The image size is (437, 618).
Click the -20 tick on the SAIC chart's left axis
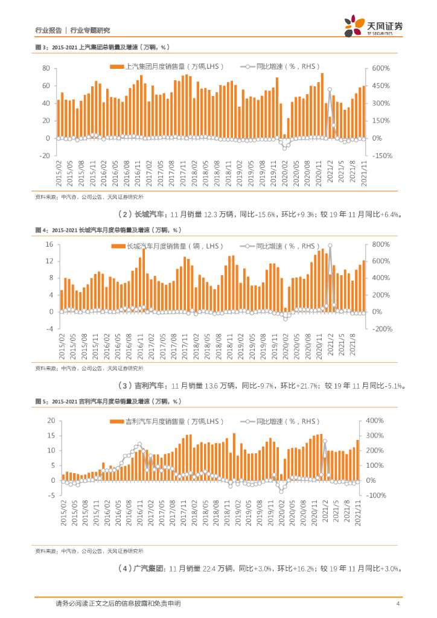43,156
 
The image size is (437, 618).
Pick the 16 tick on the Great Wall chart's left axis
51,244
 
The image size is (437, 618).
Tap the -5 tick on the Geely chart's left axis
53,495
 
